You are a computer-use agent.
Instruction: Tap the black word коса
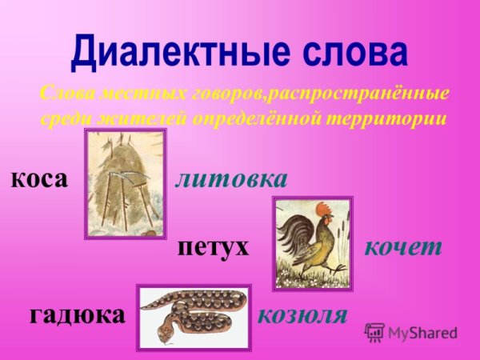point(39,178)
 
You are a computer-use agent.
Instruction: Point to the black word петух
point(213,246)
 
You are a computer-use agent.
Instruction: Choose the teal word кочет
point(402,246)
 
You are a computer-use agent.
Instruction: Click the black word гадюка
point(78,314)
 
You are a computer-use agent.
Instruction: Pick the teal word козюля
point(302,314)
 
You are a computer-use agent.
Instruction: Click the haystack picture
point(125,183)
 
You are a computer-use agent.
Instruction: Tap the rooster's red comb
point(323,209)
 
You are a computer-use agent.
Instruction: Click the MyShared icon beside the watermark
point(374,332)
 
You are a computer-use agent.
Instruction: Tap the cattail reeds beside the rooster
point(341,232)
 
